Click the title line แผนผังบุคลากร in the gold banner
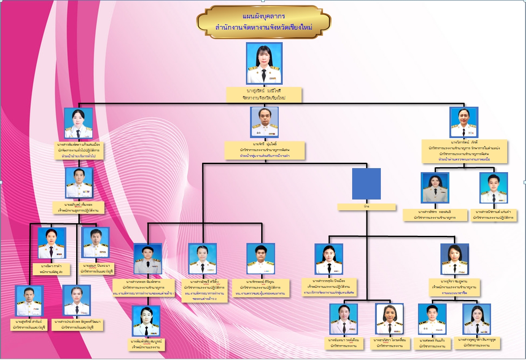pos(263,17)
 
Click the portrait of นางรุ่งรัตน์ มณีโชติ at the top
pos(264,63)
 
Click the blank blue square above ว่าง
pos(366,183)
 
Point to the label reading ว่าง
pos(366,207)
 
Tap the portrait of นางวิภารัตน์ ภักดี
pos(464,122)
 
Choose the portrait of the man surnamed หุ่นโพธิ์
pos(264,122)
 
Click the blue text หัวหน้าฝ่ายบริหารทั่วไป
pos(79,156)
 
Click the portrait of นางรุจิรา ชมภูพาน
pos(454,259)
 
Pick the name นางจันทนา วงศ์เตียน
pos(344,340)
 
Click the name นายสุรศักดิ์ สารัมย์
pos(29,322)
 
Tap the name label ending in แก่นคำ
pos(493,212)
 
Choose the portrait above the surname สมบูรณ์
pos(146,321)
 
